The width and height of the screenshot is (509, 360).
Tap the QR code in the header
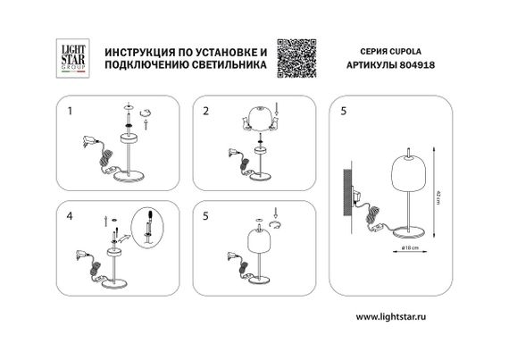click(296, 55)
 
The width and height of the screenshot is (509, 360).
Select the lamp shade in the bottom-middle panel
click(258, 245)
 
